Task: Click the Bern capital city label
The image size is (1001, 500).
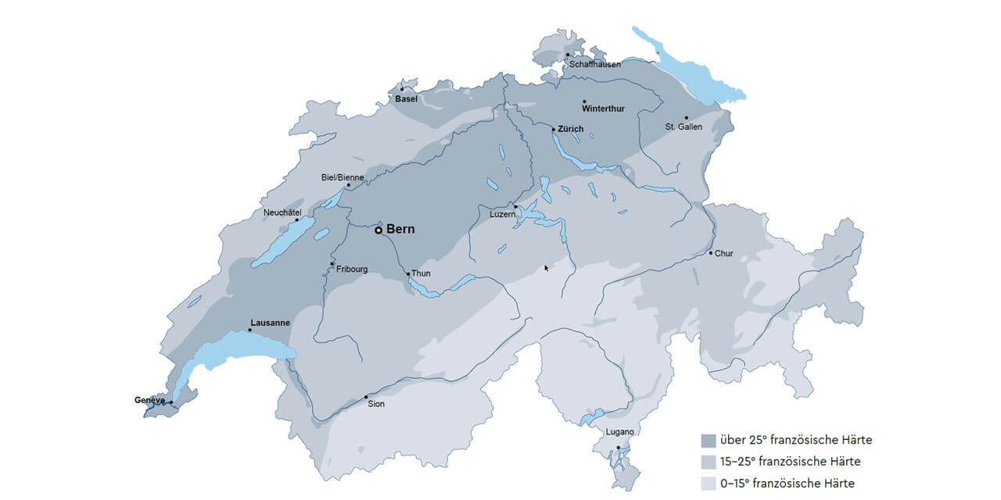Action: [400, 230]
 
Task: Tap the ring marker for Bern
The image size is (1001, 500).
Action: [379, 230]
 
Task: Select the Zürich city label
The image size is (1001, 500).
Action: [571, 129]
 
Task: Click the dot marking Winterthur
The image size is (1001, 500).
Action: [584, 102]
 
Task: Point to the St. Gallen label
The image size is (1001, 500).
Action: [683, 127]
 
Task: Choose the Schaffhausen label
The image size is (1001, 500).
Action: [594, 64]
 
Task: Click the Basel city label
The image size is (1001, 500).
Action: [406, 99]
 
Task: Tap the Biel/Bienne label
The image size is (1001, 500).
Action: [343, 177]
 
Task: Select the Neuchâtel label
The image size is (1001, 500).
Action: [282, 212]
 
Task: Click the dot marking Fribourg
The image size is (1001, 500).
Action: [332, 264]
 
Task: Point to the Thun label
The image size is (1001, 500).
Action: [421, 273]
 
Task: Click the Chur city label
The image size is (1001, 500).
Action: [723, 253]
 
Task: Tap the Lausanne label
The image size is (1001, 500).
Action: [270, 323]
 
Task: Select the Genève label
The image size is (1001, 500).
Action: [149, 400]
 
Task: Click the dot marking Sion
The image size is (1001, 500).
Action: [366, 397]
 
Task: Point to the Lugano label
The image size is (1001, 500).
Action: [620, 432]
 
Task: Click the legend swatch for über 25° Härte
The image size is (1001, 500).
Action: [709, 440]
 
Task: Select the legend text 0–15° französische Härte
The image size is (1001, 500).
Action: [787, 483]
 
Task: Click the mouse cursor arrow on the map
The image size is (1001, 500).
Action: [547, 268]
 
